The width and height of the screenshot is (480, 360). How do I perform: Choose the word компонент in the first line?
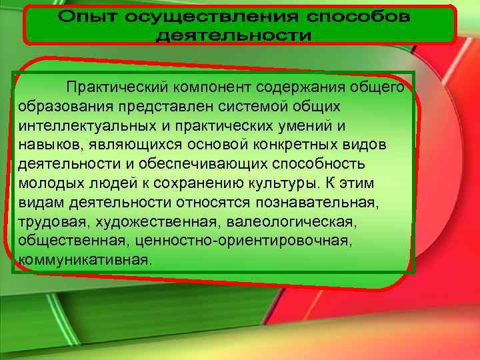[205, 87]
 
